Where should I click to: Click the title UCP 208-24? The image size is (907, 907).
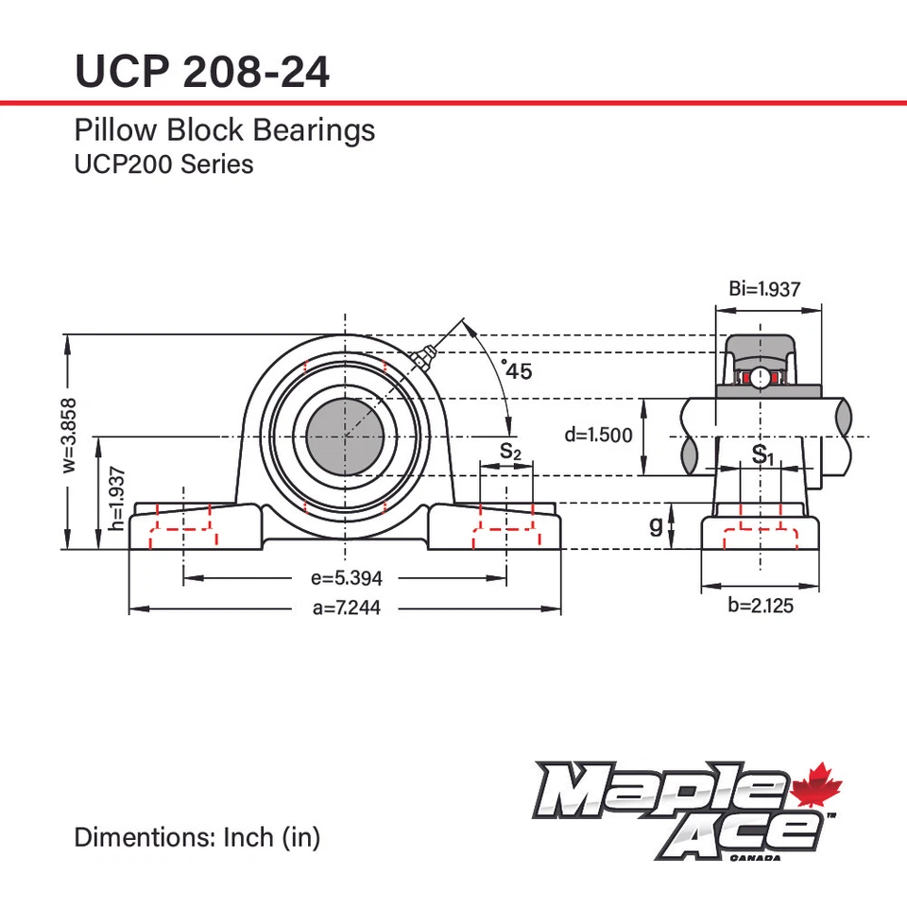coord(202,71)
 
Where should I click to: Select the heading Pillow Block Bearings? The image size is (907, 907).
coord(224,129)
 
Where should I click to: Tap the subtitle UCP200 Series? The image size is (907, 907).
coord(163,163)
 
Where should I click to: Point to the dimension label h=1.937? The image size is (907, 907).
coord(116,498)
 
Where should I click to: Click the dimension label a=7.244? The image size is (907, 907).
coord(346,608)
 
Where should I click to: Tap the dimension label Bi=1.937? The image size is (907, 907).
coord(764,289)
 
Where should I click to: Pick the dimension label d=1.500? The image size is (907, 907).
coord(598,436)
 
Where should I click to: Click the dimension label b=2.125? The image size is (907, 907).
coord(762,606)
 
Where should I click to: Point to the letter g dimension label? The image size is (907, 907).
coord(656,526)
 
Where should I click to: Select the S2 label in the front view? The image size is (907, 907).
coord(510,452)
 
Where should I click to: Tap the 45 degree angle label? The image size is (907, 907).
coord(518,371)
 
